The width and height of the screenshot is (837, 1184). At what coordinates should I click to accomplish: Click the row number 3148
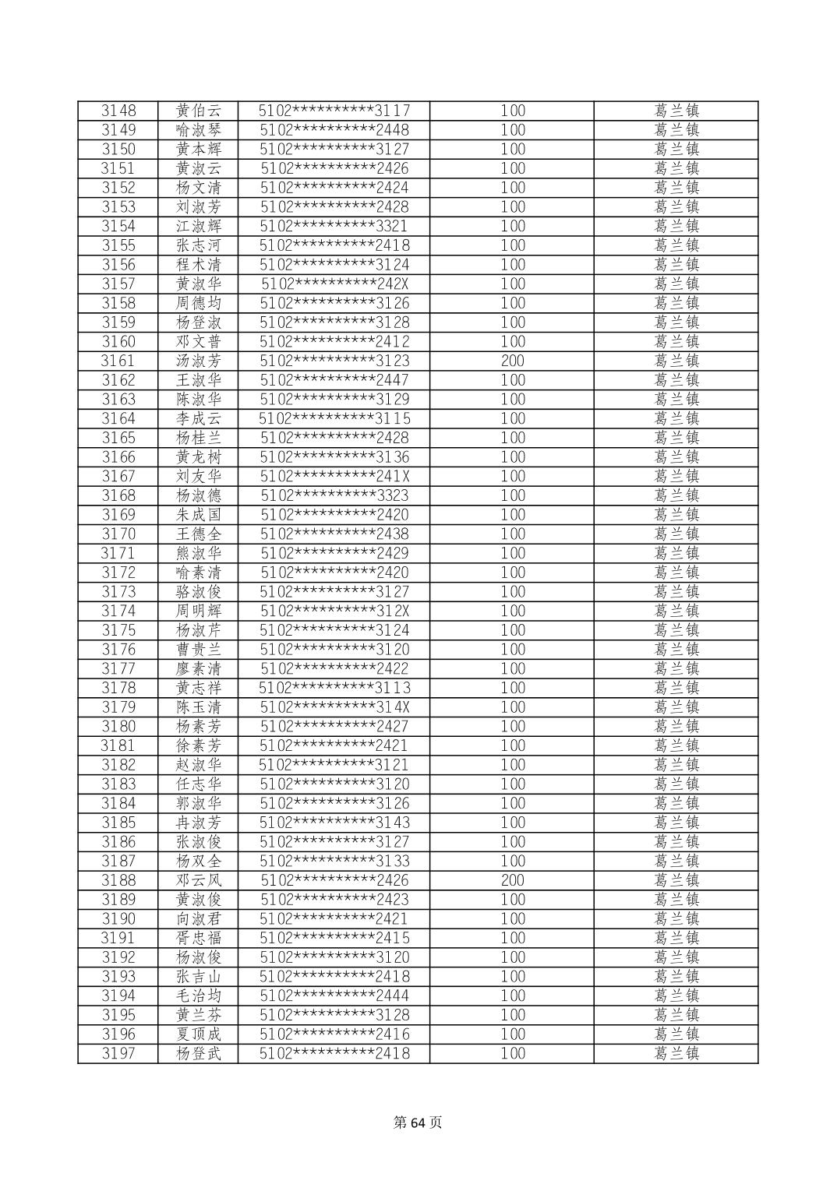pyautogui.click(x=118, y=111)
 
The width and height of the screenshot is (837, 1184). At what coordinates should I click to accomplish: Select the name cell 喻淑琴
pyautogui.click(x=199, y=130)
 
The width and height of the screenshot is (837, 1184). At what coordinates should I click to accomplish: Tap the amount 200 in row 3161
pyautogui.click(x=512, y=361)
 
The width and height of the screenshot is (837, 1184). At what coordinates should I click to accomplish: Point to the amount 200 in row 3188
pyautogui.click(x=512, y=880)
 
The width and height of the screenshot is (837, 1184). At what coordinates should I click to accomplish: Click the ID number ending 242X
pyautogui.click(x=334, y=284)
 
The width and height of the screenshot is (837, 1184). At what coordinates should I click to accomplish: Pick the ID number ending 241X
pyautogui.click(x=334, y=476)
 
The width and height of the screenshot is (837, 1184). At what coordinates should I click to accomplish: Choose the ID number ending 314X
pyautogui.click(x=334, y=707)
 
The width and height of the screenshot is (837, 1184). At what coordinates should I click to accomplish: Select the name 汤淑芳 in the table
pyautogui.click(x=199, y=361)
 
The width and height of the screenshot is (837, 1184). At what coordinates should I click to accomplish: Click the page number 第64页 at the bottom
pyautogui.click(x=418, y=1122)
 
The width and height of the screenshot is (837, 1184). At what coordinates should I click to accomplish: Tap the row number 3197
pyautogui.click(x=118, y=1053)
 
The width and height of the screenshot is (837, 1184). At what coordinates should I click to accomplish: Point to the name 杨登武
pyautogui.click(x=199, y=1053)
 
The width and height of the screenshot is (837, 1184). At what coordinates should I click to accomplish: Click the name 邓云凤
pyautogui.click(x=199, y=880)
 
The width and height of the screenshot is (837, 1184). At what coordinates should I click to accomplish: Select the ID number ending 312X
pyautogui.click(x=334, y=611)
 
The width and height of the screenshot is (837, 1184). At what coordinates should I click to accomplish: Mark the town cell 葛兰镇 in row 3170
pyautogui.click(x=676, y=534)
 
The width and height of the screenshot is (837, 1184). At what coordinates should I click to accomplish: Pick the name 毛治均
pyautogui.click(x=199, y=995)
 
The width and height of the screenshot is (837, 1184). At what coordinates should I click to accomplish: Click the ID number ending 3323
pyautogui.click(x=334, y=495)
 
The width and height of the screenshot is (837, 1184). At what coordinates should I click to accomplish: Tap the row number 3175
pyautogui.click(x=118, y=630)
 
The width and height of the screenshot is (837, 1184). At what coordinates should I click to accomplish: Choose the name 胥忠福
pyautogui.click(x=199, y=938)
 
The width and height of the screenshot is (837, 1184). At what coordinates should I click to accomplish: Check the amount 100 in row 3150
pyautogui.click(x=512, y=149)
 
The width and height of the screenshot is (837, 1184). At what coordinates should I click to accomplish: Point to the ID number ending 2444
pyautogui.click(x=334, y=995)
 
